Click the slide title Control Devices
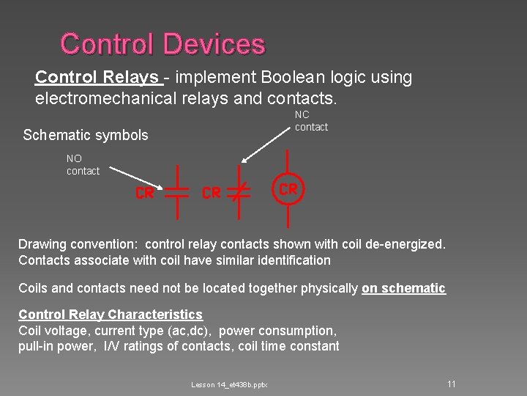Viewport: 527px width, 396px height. pos(162,44)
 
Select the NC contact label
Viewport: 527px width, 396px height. pos(311,121)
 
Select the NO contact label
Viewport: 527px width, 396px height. pos(83,164)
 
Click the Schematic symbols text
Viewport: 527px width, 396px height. pos(86,135)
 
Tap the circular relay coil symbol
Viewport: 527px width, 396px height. pos(288,189)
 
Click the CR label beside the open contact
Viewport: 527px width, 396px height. pos(144,193)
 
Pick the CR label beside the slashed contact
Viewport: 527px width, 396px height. pos(211,193)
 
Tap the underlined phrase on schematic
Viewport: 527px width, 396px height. pos(403,288)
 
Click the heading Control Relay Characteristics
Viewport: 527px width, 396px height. pos(110,315)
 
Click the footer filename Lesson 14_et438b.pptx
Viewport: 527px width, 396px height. pos(229,385)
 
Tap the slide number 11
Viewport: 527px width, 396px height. pos(452,384)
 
